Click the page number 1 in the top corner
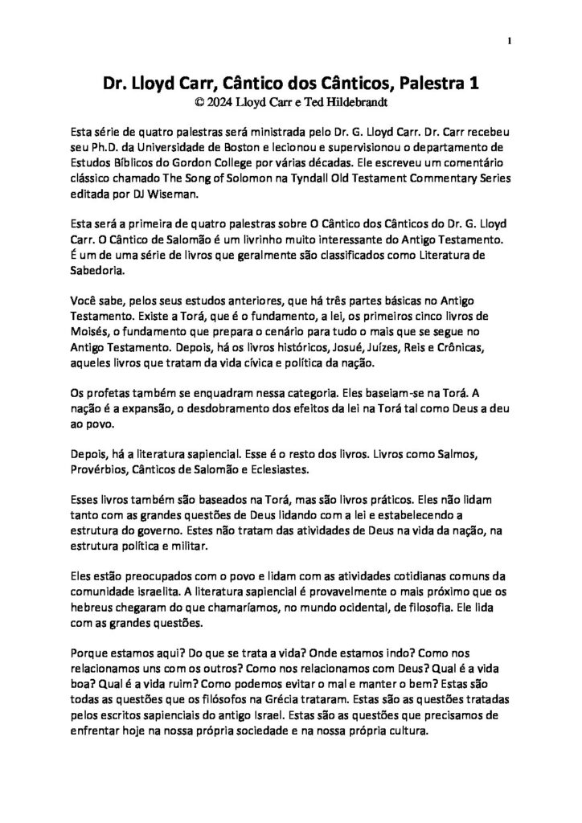(x=509, y=41)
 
